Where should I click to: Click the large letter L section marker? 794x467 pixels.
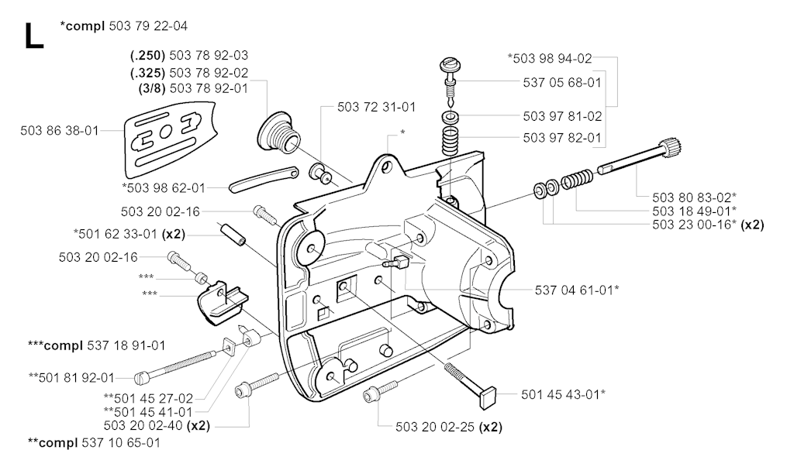[x=33, y=36]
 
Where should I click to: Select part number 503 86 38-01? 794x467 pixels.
[x=59, y=131]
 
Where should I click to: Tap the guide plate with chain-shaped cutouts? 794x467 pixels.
[x=164, y=140]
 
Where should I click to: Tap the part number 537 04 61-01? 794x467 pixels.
[x=577, y=290]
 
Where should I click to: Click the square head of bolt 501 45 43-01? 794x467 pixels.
[x=486, y=399]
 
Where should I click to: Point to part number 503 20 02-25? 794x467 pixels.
[x=437, y=426]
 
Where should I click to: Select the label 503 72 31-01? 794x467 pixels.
[x=376, y=107]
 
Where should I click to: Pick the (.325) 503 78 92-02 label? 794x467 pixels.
[x=189, y=72]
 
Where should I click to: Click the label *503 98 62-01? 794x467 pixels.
[x=164, y=187]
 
